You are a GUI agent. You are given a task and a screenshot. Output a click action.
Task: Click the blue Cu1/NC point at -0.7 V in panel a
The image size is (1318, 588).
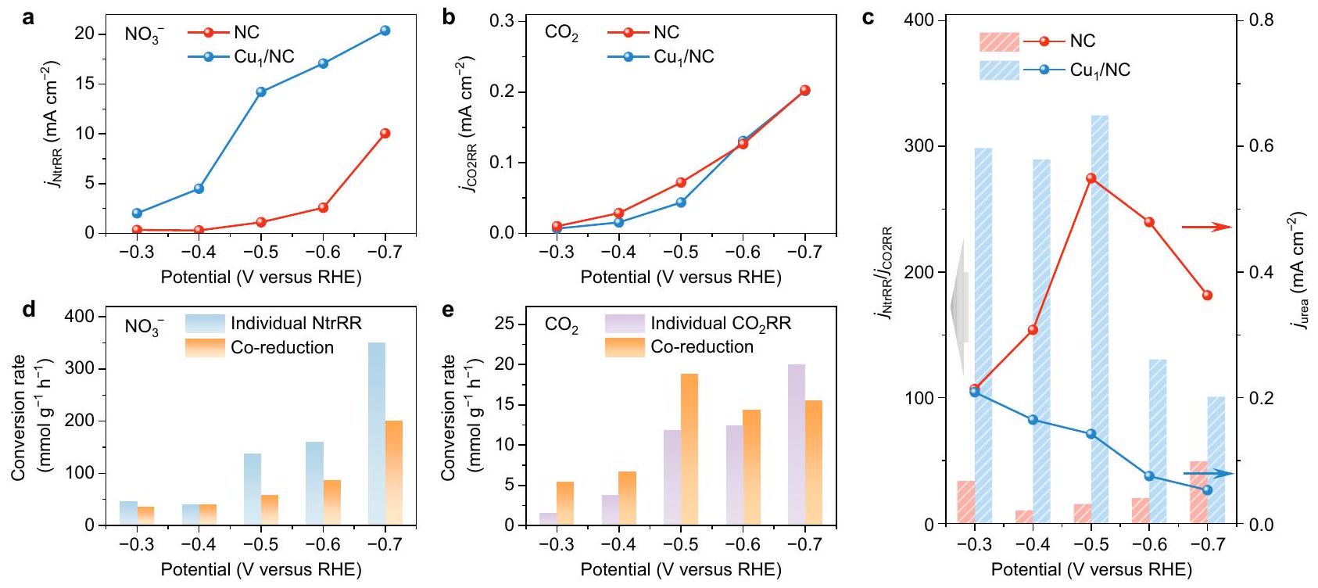point(385,30)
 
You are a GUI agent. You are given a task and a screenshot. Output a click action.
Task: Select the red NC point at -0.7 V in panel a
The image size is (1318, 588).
point(385,134)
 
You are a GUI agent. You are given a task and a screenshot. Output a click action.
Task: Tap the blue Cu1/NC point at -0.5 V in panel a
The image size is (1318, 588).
point(261,91)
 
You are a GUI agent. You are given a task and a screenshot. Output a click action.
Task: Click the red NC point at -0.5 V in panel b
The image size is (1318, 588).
point(680,182)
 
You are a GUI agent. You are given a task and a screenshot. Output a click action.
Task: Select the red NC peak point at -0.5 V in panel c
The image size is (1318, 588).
point(1091,178)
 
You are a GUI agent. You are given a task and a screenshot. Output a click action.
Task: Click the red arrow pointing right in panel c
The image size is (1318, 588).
point(1206,227)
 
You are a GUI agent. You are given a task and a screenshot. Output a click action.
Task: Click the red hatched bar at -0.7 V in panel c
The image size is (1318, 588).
point(1199,493)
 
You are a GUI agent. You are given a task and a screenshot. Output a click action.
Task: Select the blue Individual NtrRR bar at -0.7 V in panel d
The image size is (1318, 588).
point(376,433)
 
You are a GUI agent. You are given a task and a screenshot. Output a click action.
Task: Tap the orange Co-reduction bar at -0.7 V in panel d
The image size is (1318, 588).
point(394,472)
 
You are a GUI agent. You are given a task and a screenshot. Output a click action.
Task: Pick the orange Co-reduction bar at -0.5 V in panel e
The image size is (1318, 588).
point(689,449)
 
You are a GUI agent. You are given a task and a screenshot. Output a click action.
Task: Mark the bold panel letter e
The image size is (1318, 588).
point(448,310)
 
